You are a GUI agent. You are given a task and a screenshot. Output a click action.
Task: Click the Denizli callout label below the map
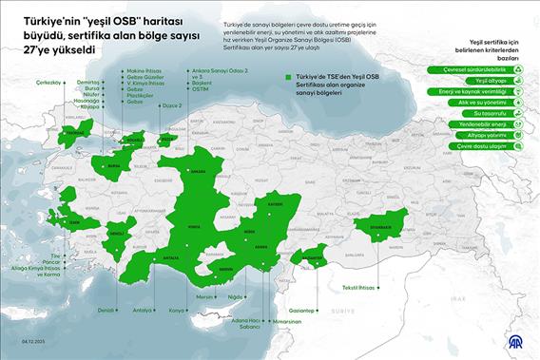click(x=107, y=310)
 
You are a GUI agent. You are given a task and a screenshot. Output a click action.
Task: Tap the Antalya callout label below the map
click(x=143, y=310)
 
